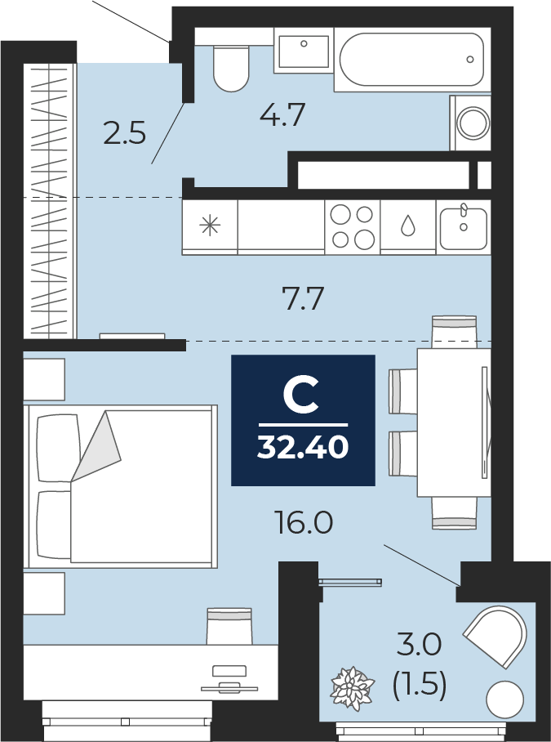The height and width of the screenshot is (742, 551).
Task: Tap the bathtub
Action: click(412, 59)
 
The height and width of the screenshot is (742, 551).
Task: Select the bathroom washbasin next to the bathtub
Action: click(304, 51)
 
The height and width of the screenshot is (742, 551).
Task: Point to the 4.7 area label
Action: click(283, 115)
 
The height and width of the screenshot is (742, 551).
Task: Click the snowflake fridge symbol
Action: click(210, 226)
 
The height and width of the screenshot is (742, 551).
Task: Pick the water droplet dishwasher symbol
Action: click(407, 226)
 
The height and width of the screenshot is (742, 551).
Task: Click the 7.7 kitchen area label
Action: click(302, 299)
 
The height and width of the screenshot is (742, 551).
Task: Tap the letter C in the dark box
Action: click(300, 393)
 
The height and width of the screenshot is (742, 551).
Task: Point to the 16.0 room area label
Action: click(304, 522)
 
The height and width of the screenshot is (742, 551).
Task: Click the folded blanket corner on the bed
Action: click(96, 446)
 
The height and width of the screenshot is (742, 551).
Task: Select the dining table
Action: click(454, 422)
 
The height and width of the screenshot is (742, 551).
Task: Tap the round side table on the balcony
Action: click(505, 700)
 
